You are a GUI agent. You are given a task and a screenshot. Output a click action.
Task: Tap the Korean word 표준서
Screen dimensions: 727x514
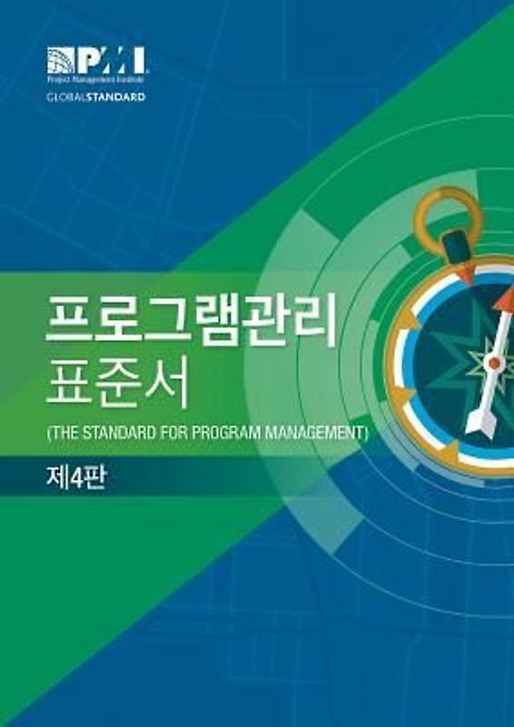pyautogui.click(x=117, y=385)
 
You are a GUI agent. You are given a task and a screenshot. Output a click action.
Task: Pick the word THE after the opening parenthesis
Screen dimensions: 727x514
pyautogui.click(x=64, y=433)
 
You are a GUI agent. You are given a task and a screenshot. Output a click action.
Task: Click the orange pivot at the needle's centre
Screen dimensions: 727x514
pyautogui.click(x=494, y=363)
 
